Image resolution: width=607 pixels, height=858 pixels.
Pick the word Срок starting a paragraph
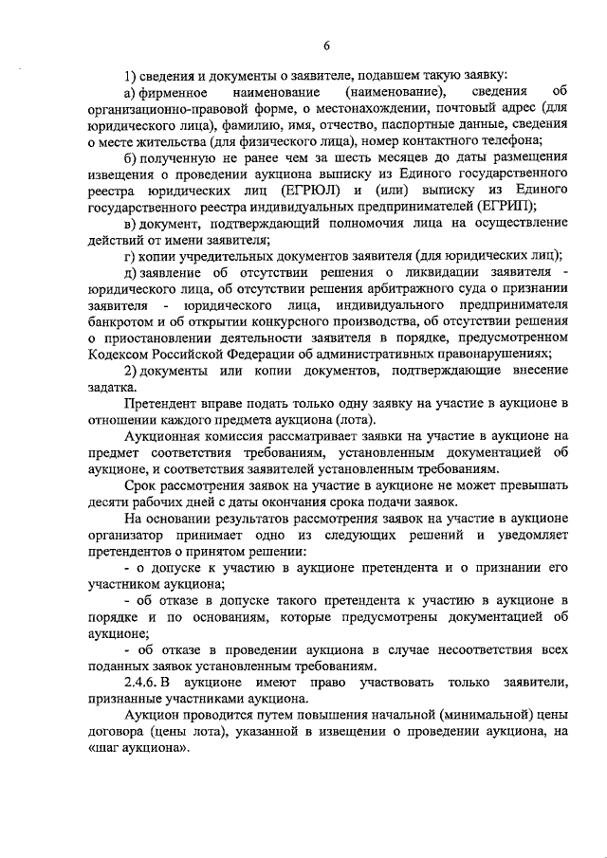point(139,485)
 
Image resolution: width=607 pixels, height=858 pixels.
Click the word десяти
point(105,502)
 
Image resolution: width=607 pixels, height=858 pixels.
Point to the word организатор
point(126,535)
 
